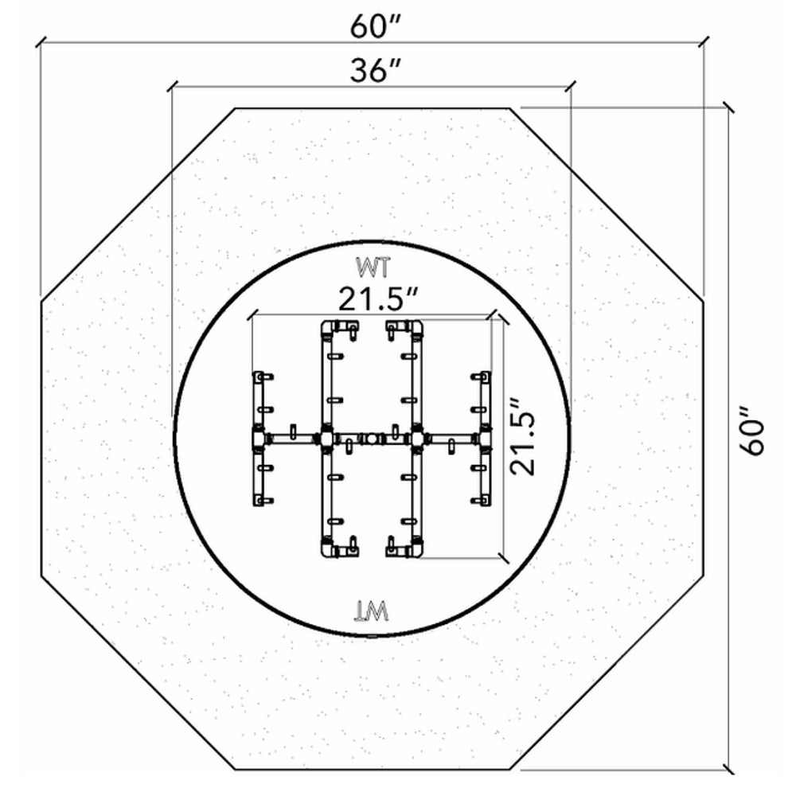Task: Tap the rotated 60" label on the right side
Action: (x=751, y=431)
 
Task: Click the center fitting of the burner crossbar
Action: (x=371, y=438)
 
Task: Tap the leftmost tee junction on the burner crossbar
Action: (x=259, y=438)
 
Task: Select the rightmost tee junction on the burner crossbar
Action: (x=483, y=438)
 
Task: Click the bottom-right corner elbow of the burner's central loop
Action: (x=416, y=549)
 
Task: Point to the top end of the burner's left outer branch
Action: (x=259, y=375)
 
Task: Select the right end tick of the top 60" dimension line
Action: (x=704, y=40)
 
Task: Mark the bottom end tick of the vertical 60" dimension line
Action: (x=728, y=769)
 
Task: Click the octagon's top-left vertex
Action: (x=235, y=108)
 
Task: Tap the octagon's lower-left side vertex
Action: (x=41, y=576)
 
